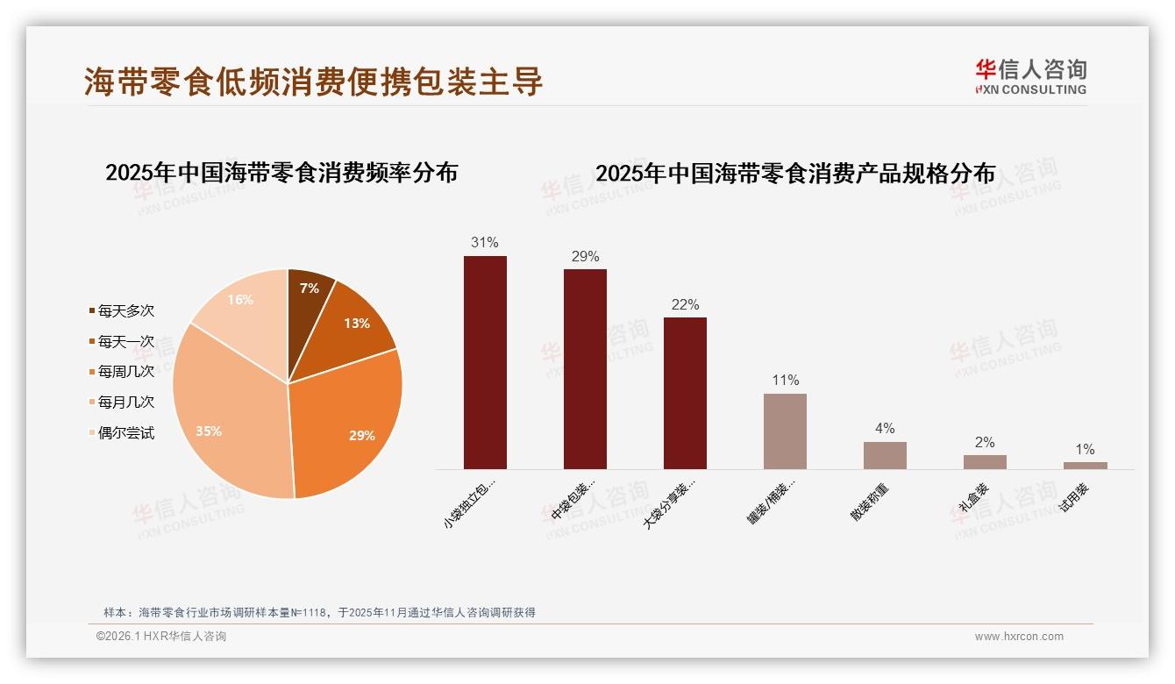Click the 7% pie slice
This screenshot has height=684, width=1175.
309,289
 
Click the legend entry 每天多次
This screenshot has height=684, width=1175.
125,311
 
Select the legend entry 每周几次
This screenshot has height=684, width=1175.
125,372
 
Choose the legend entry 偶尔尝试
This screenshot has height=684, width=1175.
125,432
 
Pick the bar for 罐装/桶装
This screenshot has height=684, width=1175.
785,431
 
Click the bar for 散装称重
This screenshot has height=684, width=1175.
885,455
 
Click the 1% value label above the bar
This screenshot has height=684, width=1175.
1085,450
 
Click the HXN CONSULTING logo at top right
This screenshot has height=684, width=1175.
1030,77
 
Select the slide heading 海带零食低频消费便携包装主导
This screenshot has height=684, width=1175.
314,82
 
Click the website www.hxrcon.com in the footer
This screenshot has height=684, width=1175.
1019,637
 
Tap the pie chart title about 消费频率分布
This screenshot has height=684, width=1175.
281,173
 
